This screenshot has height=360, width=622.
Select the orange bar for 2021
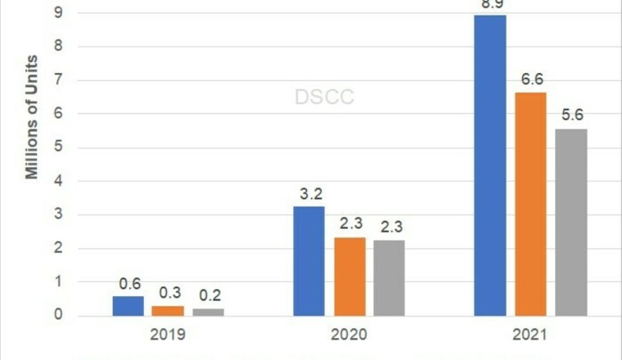tap(531, 204)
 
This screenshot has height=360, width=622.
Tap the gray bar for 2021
tap(571, 222)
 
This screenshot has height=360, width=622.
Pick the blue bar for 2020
tap(309, 261)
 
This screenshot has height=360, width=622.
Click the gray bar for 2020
tap(390, 277)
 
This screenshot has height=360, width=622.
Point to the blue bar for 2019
tap(128, 306)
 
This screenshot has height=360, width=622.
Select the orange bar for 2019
tap(169, 311)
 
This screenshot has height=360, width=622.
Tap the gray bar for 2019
tap(209, 313)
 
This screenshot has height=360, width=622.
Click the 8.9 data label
tap(490, 6)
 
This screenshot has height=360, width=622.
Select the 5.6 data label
tap(572, 115)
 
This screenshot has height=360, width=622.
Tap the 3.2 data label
tap(309, 195)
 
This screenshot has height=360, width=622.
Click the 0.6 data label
tap(129, 284)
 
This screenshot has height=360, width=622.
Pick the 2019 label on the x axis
tap(169, 335)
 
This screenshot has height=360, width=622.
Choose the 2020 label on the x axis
tap(349, 335)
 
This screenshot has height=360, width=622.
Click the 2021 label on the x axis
tap(530, 335)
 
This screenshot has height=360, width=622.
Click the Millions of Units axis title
tap(32, 115)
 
